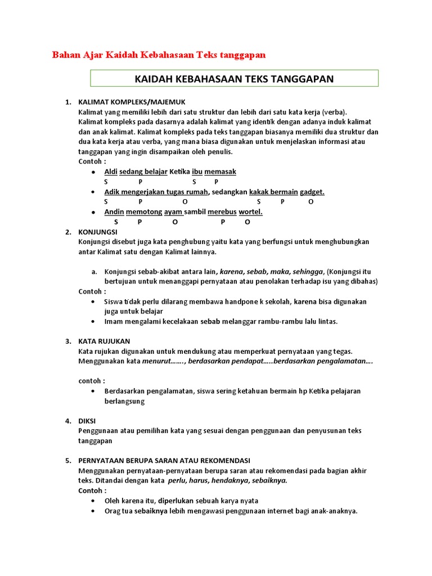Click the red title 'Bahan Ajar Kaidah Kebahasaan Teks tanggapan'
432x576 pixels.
point(159,55)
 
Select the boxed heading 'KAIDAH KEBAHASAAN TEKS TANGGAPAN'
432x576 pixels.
point(234,79)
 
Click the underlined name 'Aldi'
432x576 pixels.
point(111,172)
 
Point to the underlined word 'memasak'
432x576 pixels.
point(220,172)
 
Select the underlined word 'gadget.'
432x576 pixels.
point(312,192)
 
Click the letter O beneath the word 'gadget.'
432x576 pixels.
point(311,201)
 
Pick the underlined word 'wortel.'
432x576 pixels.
point(251,212)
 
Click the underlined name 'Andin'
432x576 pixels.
point(114,212)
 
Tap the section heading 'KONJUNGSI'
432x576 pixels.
point(98,232)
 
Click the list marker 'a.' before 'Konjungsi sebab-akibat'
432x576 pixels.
point(94,272)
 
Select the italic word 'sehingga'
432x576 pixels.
point(308,272)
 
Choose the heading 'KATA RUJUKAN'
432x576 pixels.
point(104,341)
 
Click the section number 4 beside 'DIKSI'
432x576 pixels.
point(67,421)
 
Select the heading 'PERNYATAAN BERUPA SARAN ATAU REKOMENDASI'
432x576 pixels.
point(164,460)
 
